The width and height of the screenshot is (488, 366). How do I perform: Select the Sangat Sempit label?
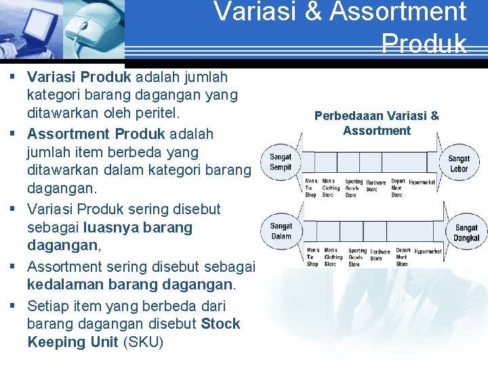click(x=281, y=161)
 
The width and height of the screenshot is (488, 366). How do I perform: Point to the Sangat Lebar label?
click(x=459, y=163)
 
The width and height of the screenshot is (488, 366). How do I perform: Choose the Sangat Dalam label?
click(x=281, y=231)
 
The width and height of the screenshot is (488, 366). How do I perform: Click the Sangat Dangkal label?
click(x=466, y=233)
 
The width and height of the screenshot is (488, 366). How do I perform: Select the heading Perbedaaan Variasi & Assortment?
click(x=377, y=123)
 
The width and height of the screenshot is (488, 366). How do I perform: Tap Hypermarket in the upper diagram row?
click(x=422, y=182)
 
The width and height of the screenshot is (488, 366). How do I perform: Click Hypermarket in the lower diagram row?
click(x=428, y=251)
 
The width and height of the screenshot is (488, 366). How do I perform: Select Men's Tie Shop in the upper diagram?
click(x=310, y=188)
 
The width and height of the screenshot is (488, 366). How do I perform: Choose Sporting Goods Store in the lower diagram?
click(x=357, y=257)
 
